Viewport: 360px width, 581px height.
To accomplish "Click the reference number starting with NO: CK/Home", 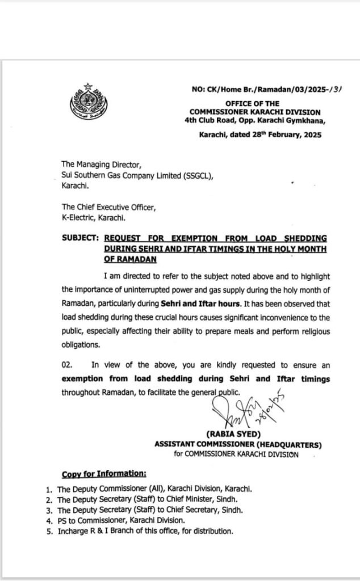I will (266, 89).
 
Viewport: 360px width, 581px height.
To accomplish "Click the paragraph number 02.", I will (69, 364).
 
